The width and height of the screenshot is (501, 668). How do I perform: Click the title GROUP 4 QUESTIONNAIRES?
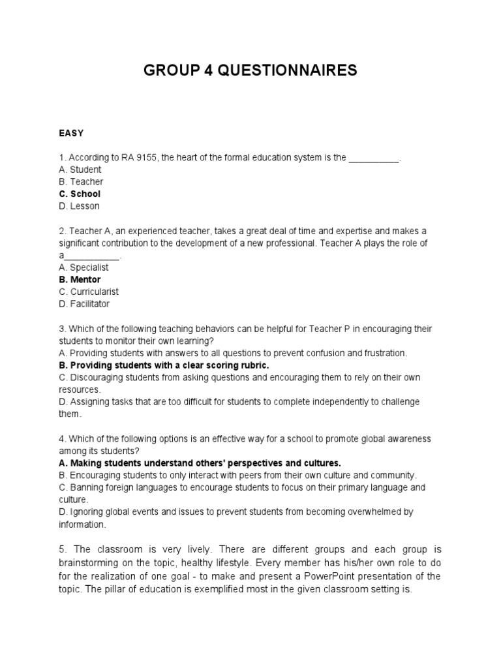coord(250,70)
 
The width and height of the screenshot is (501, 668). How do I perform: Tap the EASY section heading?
coord(71,133)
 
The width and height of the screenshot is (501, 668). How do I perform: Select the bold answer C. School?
coord(80,194)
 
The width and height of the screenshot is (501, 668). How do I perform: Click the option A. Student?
coord(80,170)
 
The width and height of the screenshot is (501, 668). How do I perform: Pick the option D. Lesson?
coord(79,206)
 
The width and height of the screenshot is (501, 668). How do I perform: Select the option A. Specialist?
coord(83,267)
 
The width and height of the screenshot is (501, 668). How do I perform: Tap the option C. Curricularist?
coord(89,292)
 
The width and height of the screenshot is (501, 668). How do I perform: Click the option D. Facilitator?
coord(84,304)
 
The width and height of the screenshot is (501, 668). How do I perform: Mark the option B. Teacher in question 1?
coord(81,182)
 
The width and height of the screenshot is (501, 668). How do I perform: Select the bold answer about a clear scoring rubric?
coord(163,365)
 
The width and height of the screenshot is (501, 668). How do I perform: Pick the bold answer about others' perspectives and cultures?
coord(200,463)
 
